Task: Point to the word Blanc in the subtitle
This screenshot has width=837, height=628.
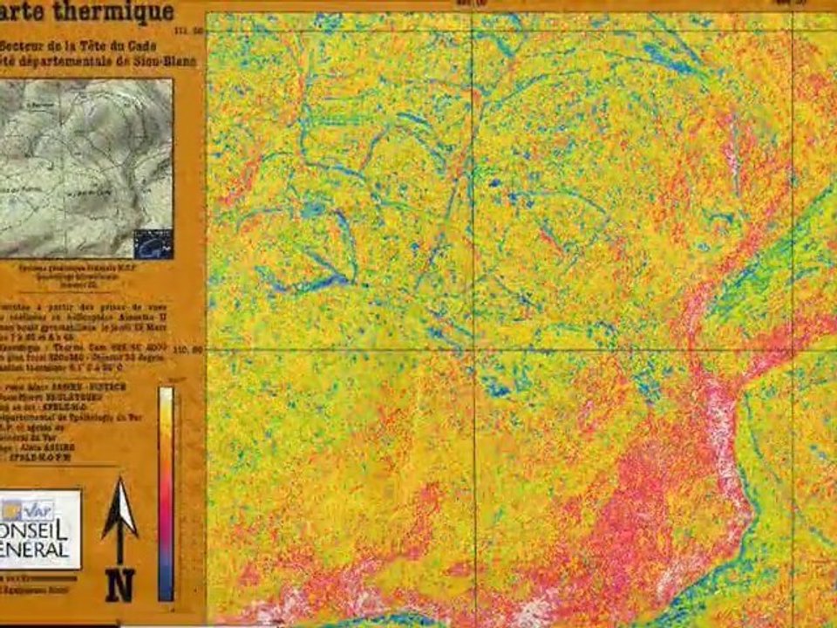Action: pyautogui.click(x=178, y=62)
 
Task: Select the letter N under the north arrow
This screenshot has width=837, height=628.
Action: pyautogui.click(x=119, y=584)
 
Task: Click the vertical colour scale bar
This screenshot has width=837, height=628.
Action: pyautogui.click(x=166, y=494)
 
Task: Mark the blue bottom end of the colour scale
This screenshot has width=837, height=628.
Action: pyautogui.click(x=166, y=593)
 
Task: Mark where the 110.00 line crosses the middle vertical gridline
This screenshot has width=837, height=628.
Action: pyautogui.click(x=473, y=350)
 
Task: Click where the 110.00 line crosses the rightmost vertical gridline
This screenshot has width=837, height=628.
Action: pyautogui.click(x=793, y=350)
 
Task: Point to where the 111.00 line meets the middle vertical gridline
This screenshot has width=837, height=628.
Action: pyautogui.click(x=473, y=31)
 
